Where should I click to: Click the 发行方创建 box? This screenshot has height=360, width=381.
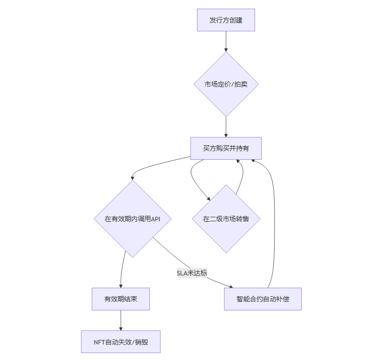[x=226, y=20]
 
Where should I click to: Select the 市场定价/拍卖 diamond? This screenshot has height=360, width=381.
[x=226, y=84]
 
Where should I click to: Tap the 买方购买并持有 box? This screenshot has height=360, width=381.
[x=226, y=148]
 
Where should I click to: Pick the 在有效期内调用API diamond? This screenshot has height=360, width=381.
[x=132, y=219]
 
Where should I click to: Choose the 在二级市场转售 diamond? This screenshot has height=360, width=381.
[x=226, y=219]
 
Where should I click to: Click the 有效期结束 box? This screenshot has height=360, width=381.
[x=121, y=299]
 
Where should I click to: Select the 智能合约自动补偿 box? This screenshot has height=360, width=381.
[x=263, y=299]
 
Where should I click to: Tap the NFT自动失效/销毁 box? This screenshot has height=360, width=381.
[x=121, y=342]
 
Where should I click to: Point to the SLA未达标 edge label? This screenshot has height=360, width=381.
[x=192, y=273]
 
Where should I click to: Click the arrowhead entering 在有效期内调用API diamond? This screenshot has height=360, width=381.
[x=133, y=177]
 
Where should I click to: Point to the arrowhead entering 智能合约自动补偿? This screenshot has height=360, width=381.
[x=231, y=286]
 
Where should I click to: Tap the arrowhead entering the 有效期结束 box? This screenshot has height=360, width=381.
[x=121, y=285]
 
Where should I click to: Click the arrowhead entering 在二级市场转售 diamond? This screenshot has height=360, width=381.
[x=209, y=199]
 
